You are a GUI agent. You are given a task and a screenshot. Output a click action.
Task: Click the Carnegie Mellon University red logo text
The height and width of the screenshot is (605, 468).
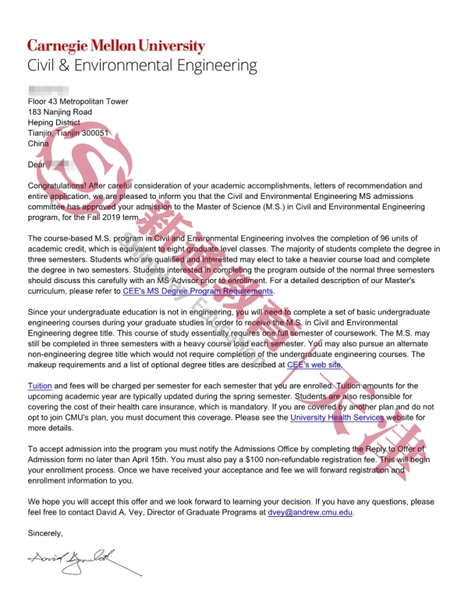[116, 45]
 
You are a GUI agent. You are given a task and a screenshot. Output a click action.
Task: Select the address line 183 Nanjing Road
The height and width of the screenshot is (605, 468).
[59, 112]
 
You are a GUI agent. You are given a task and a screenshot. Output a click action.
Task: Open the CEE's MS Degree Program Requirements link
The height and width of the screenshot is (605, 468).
[198, 290]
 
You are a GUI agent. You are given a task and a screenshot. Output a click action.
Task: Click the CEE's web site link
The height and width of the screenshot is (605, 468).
[314, 363]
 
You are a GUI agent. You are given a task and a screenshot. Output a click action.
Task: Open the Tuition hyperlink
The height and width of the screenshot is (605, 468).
[40, 386]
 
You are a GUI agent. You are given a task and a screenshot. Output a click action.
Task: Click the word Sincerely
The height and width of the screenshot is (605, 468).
[44, 532]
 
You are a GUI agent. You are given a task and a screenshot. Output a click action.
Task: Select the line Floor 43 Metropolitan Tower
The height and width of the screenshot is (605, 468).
[78, 101]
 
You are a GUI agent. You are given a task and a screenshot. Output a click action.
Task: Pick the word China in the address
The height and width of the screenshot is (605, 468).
[38, 143]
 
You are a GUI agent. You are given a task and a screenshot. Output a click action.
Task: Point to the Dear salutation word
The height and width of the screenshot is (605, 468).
[37, 165]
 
